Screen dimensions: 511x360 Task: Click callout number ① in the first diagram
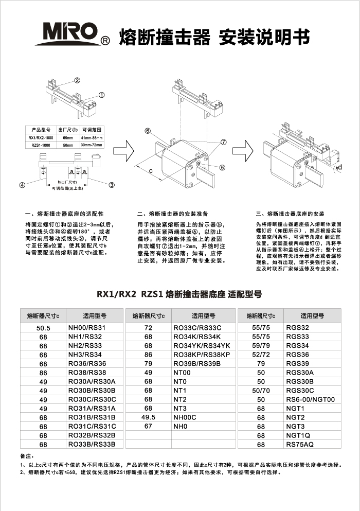coord(101,95)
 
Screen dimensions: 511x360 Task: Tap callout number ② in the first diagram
coord(77,80)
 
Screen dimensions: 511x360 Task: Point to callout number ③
coord(111,185)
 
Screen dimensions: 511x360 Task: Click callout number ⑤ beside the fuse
coord(222,167)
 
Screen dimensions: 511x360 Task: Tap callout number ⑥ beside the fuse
coord(147,131)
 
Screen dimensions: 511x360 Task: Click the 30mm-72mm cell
coord(92,146)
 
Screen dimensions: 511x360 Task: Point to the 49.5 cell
coord(148,417)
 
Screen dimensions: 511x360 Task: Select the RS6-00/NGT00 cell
coord(310,399)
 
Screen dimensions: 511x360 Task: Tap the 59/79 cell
coord(261,346)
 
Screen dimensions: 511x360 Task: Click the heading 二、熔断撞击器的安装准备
coord(172,213)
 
